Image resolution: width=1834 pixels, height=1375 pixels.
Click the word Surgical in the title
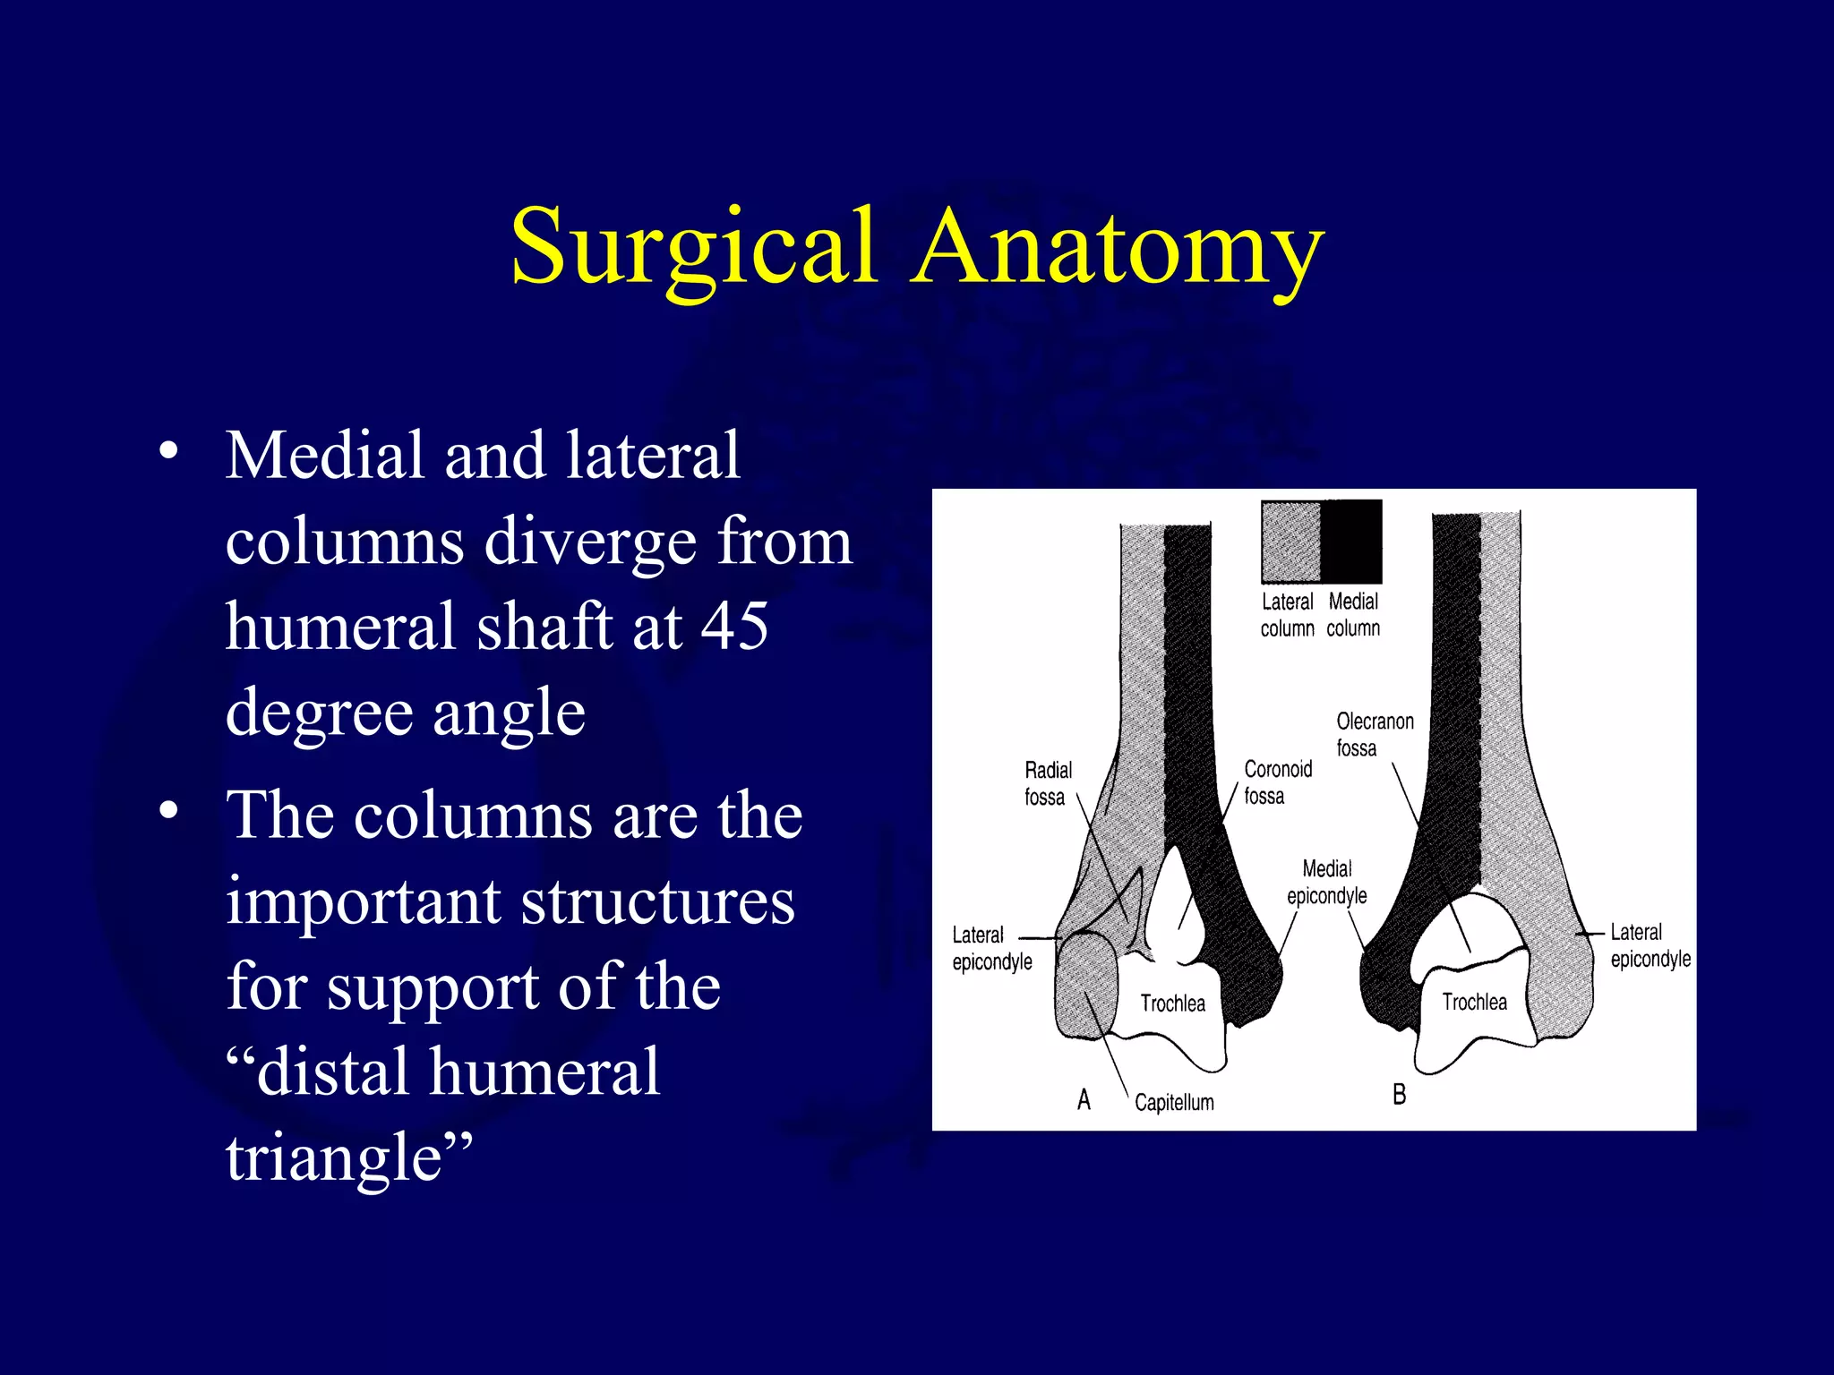click(691, 246)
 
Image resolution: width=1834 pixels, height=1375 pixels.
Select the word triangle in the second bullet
click(347, 1157)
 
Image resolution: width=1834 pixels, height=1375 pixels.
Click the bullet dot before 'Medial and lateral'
click(168, 450)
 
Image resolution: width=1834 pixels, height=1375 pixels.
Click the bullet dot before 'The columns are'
click(168, 811)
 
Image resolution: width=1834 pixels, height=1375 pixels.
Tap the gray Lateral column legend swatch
click(1290, 541)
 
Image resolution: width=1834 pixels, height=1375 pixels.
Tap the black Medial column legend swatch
click(1351, 541)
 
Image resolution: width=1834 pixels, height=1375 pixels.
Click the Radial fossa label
click(1047, 783)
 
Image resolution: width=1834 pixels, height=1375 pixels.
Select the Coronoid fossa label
click(1277, 782)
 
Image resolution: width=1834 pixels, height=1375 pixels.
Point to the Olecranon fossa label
click(1374, 734)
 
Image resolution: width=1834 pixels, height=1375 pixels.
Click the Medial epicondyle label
click(1326, 882)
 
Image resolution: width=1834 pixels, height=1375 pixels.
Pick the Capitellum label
click(1174, 1102)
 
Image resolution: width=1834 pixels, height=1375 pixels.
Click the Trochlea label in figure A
click(1172, 1003)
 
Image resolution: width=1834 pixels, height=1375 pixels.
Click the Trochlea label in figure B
click(1474, 1002)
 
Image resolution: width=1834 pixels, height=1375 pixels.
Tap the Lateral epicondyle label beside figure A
click(991, 948)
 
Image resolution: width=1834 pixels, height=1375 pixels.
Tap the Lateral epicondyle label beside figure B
click(1650, 945)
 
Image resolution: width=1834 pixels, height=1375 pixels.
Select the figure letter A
click(1084, 1099)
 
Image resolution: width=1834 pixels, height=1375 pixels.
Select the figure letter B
click(1399, 1094)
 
